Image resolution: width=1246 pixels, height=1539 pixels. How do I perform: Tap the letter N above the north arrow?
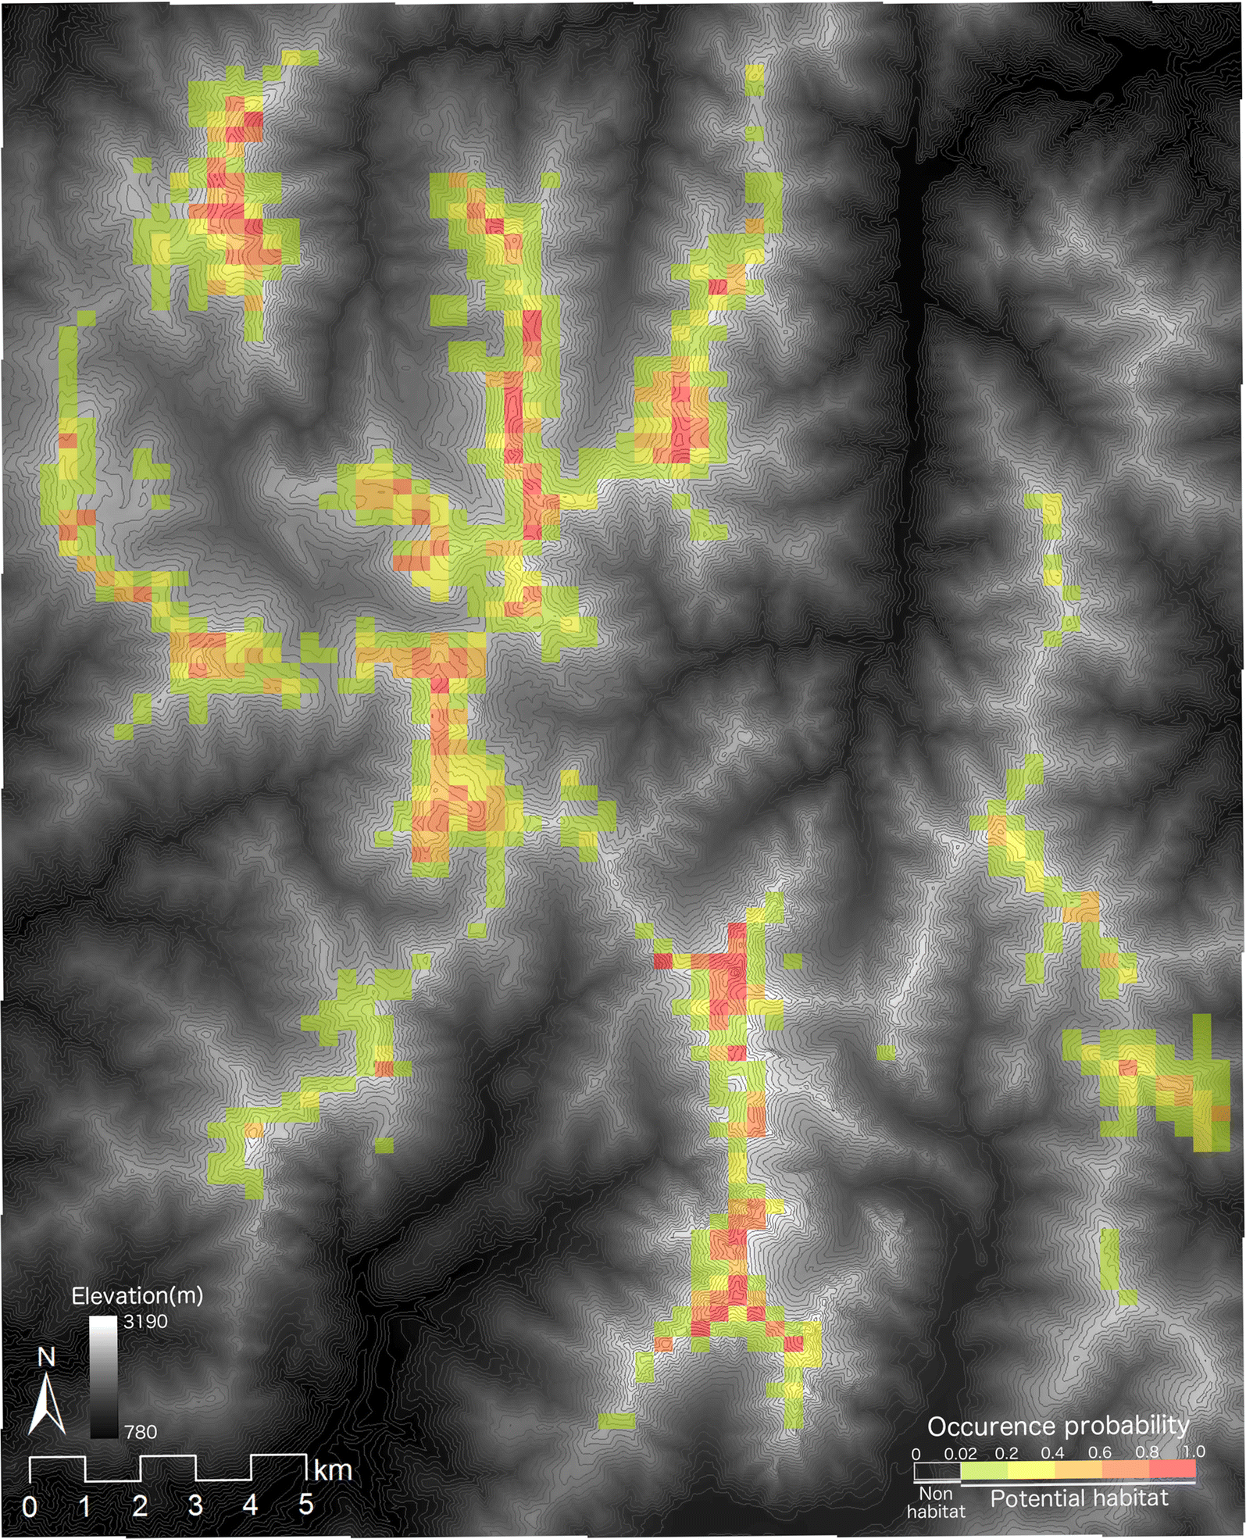[47, 1358]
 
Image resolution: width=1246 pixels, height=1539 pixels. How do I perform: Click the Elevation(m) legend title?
[137, 1296]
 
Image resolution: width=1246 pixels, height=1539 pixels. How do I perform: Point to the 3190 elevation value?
[145, 1321]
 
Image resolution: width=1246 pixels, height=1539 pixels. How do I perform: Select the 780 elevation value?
[141, 1432]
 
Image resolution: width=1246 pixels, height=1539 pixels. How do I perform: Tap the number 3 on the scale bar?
[195, 1505]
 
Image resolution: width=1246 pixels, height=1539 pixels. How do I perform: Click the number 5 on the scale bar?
[305, 1505]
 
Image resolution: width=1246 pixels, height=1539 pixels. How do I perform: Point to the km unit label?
[333, 1471]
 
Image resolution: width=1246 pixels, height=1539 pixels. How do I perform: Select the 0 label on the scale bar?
[30, 1506]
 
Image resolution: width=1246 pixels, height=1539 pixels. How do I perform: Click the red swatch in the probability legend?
[1172, 1469]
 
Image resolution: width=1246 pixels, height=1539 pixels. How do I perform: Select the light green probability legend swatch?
[984, 1469]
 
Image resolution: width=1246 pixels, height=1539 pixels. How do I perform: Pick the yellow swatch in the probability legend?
[1031, 1469]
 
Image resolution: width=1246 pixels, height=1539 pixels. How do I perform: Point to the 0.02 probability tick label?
[960, 1454]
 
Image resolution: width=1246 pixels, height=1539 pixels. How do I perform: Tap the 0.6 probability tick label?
[1099, 1452]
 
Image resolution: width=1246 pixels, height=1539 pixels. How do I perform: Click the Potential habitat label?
[1079, 1498]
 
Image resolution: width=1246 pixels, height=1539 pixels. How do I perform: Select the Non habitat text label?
[935, 1502]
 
